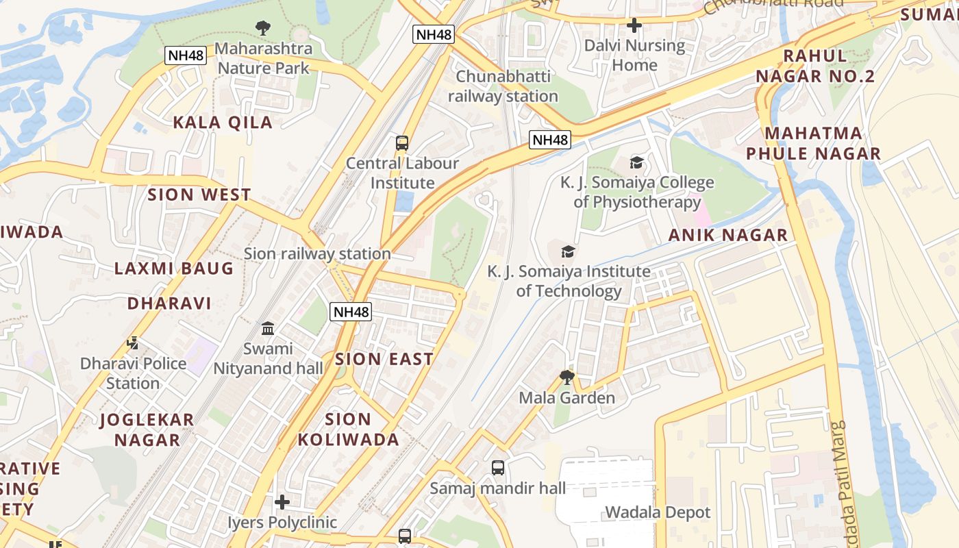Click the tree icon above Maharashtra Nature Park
click(x=262, y=28)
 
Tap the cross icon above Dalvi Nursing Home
click(x=634, y=25)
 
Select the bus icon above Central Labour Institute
click(x=402, y=143)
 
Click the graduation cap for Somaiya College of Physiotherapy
click(x=637, y=163)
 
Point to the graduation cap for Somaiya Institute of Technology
click(x=568, y=251)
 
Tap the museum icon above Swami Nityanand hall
click(x=268, y=329)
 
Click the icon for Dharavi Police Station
click(x=133, y=343)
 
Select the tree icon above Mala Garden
click(x=566, y=377)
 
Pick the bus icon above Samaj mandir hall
click(x=498, y=468)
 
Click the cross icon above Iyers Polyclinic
click(x=282, y=503)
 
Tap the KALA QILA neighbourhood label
click(x=223, y=123)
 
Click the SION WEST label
click(x=199, y=195)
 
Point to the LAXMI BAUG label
click(x=174, y=268)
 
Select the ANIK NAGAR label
click(x=727, y=235)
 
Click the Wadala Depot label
click(x=658, y=512)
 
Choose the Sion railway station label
click(x=317, y=253)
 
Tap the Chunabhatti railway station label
click(x=503, y=86)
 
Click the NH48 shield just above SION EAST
click(x=351, y=312)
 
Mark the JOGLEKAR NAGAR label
click(x=147, y=429)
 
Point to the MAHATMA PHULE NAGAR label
click(x=813, y=143)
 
